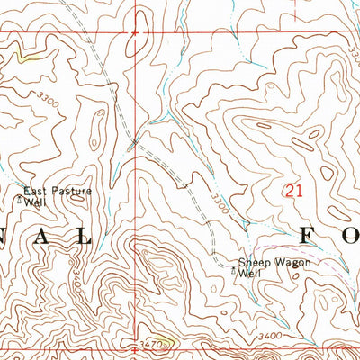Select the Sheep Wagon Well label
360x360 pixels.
[x=267, y=267]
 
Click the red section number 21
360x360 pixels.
[x=292, y=190]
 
